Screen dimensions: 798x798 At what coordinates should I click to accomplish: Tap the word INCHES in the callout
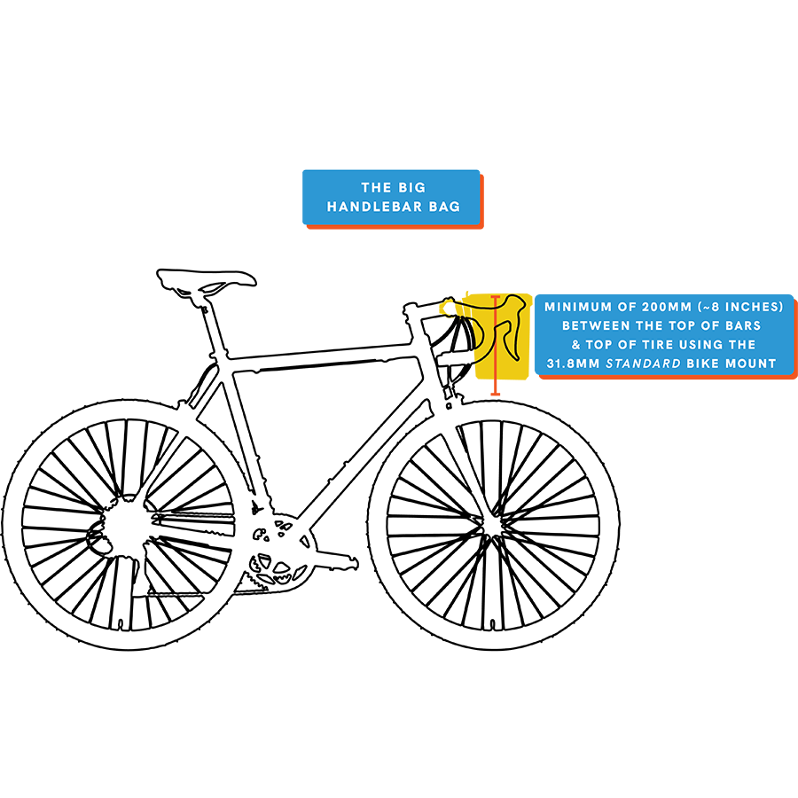coord(752,307)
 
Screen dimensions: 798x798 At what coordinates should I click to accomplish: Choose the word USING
coord(704,344)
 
